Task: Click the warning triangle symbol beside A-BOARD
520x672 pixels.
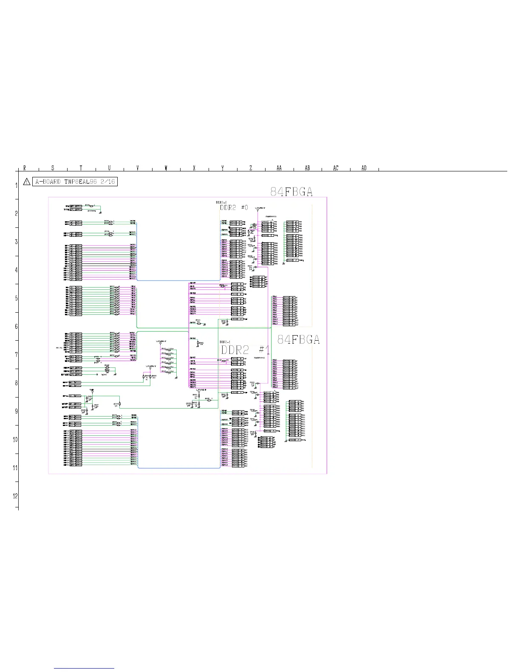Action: (27, 182)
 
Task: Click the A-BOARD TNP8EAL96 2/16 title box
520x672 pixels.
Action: (75, 182)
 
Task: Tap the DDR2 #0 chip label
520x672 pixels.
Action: (234, 207)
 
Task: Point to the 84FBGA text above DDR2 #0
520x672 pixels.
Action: (291, 192)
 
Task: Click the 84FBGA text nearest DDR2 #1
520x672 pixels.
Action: (298, 339)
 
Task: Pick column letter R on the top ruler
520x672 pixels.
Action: (25, 168)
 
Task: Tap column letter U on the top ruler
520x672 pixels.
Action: (109, 168)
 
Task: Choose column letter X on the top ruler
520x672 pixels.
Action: (194, 168)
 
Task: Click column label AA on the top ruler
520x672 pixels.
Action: (279, 168)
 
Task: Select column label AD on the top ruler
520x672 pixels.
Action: (364, 168)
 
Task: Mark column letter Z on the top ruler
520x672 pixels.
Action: (251, 168)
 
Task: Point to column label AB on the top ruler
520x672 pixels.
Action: (308, 168)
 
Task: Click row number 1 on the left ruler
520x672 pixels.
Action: (16, 185)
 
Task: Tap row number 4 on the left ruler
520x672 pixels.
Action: (16, 270)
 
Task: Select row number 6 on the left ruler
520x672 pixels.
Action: (16, 326)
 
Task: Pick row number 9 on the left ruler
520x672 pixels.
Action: (16, 411)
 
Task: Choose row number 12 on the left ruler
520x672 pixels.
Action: (15, 496)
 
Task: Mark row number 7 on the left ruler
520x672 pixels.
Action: (16, 355)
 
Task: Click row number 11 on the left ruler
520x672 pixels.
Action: (15, 468)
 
